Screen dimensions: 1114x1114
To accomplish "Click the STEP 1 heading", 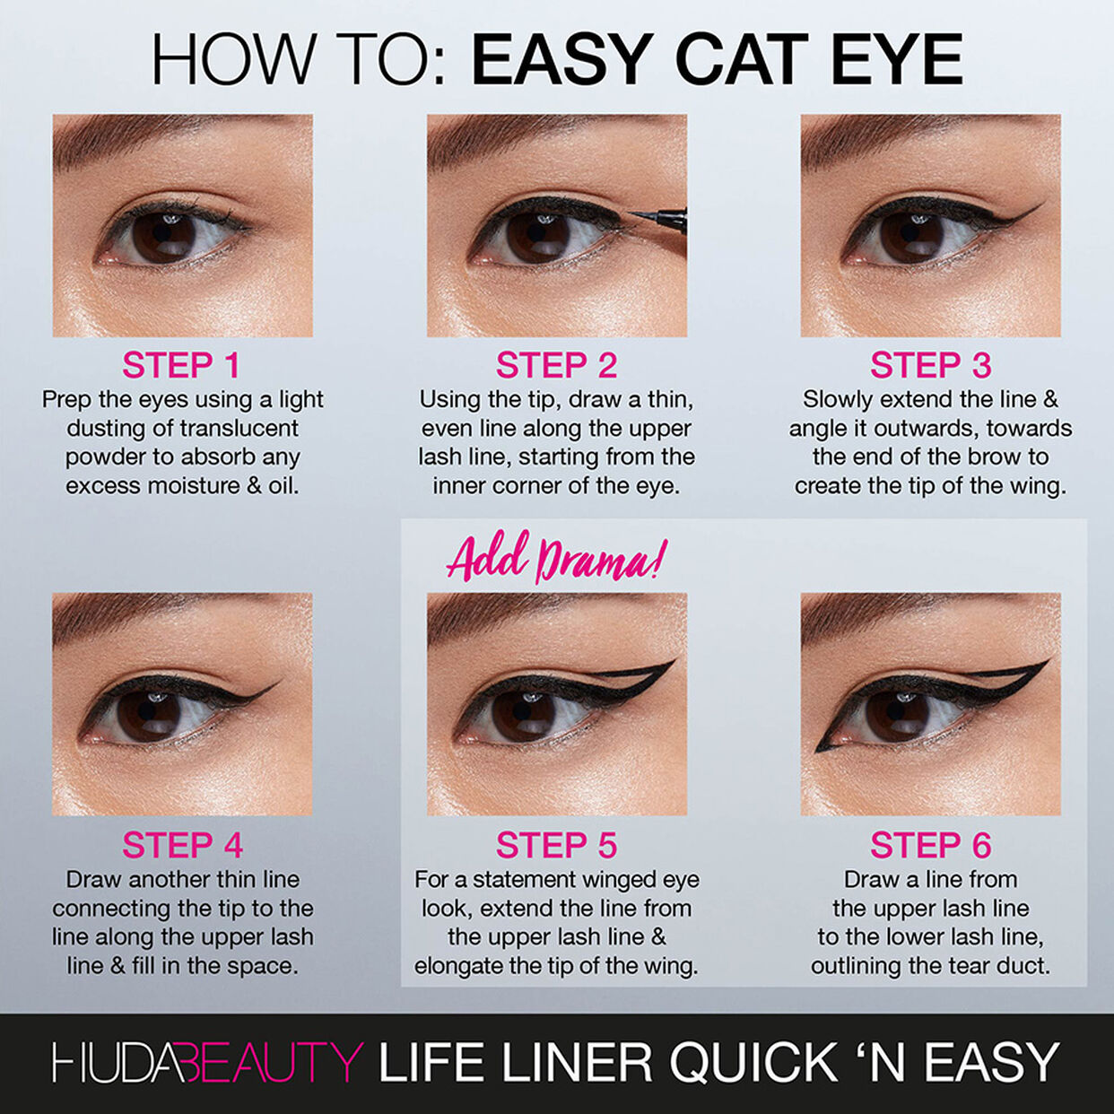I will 181,366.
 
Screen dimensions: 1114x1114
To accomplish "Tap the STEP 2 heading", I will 556,366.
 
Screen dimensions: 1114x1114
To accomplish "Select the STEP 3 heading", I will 930,366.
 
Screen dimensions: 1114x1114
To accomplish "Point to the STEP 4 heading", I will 182,846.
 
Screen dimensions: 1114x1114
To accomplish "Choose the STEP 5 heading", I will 556,846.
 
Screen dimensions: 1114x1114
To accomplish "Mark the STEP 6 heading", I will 930,846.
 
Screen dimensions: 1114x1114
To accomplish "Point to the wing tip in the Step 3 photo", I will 1040,206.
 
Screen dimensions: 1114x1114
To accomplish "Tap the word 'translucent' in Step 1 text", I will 239,428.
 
